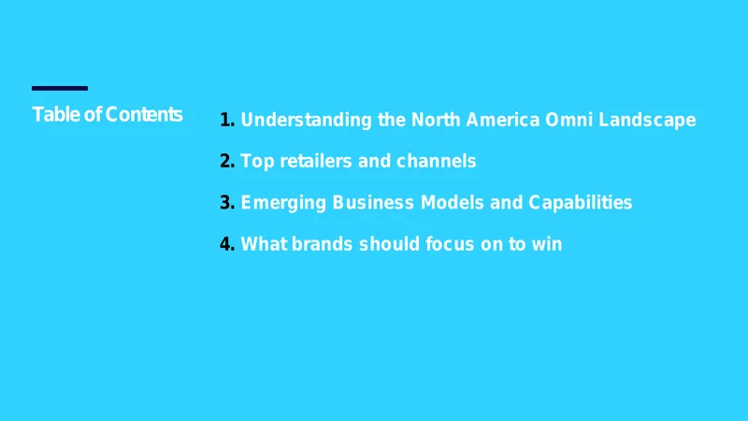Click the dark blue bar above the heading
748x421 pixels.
coord(60,88)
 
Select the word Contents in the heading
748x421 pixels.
coord(144,114)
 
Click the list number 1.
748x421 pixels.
coord(227,120)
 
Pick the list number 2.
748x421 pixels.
coord(227,161)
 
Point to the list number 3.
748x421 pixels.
coord(227,203)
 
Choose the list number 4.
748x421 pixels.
coord(227,244)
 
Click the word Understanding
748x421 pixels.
coord(307,121)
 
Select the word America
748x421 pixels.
coord(503,120)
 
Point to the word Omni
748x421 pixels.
coord(569,120)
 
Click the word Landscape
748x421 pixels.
coord(647,121)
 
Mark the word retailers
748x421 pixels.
coord(316,161)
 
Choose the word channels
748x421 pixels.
coord(437,161)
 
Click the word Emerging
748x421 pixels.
coord(283,203)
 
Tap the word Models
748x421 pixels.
coord(452,203)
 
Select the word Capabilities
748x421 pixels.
coord(580,203)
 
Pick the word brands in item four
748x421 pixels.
coord(322,244)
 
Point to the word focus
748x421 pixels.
coord(450,244)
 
